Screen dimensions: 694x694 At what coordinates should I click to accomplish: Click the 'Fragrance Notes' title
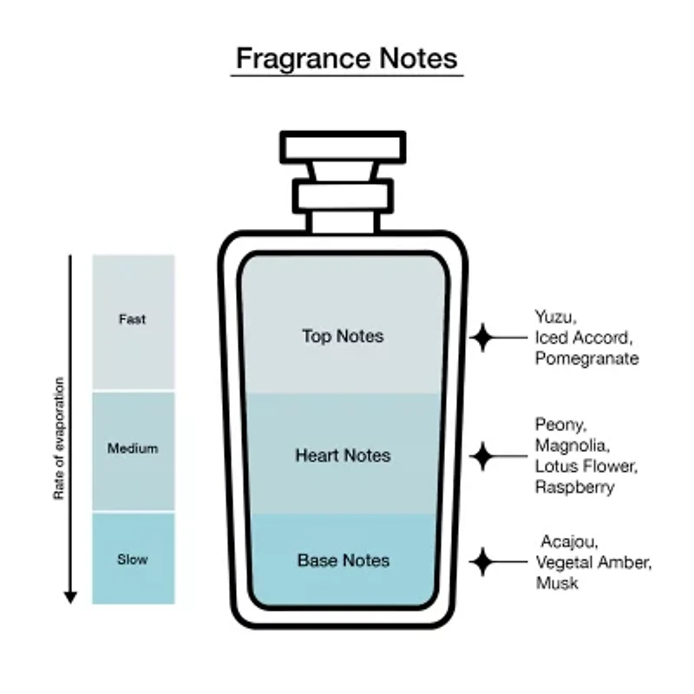click(x=346, y=58)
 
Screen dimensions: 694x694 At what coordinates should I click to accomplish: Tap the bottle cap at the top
click(x=343, y=147)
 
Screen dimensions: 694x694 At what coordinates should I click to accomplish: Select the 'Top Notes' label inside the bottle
click(x=343, y=336)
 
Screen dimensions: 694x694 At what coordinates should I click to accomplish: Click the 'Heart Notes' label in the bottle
click(x=343, y=455)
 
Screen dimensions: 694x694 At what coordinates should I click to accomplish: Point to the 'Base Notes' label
click(x=344, y=560)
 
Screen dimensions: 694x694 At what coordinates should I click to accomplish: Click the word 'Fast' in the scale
click(x=133, y=319)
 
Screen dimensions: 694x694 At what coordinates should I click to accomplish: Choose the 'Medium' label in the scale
click(x=133, y=448)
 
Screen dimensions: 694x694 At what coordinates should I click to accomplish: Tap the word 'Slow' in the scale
click(x=133, y=560)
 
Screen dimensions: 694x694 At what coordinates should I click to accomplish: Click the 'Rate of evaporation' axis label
click(x=59, y=438)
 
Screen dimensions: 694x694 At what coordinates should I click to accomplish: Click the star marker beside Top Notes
click(x=482, y=337)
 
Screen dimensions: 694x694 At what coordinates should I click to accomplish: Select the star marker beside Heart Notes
click(x=482, y=456)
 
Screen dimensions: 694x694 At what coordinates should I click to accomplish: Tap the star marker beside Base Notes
click(x=482, y=561)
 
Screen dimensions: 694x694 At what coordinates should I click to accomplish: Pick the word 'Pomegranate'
click(x=587, y=358)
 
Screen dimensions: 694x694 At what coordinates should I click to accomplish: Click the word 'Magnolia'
click(x=573, y=445)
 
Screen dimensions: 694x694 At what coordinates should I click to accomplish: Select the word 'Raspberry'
click(x=575, y=488)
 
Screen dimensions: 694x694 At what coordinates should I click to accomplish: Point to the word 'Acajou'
click(x=570, y=541)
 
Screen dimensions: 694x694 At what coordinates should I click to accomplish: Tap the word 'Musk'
click(x=557, y=583)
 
